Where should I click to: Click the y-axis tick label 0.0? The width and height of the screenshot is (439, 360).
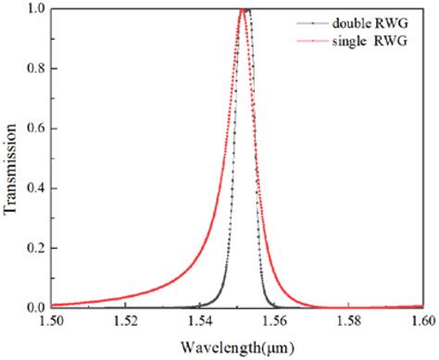coord(34,307)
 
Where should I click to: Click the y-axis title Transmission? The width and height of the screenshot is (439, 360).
coord(10,158)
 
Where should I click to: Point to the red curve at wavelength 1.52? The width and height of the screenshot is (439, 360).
coord(126,296)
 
